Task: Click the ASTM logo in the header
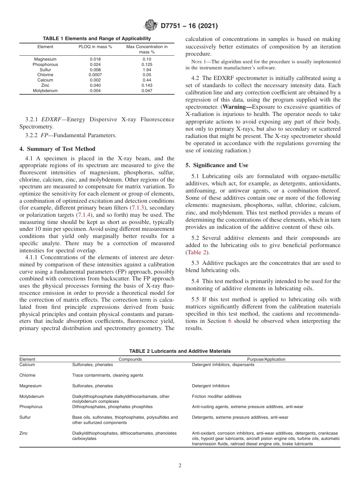151,26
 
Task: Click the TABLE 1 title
97,39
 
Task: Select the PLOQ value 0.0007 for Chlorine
95,75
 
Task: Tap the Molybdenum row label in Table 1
45,91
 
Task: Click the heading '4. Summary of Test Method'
57,149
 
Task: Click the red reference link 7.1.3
137,208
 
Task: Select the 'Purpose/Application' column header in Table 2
266,359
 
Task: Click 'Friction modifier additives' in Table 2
216,396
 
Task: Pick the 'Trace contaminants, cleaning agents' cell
108,375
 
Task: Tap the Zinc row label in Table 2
23,433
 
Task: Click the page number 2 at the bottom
180,466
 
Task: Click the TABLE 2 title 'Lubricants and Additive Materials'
180,351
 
